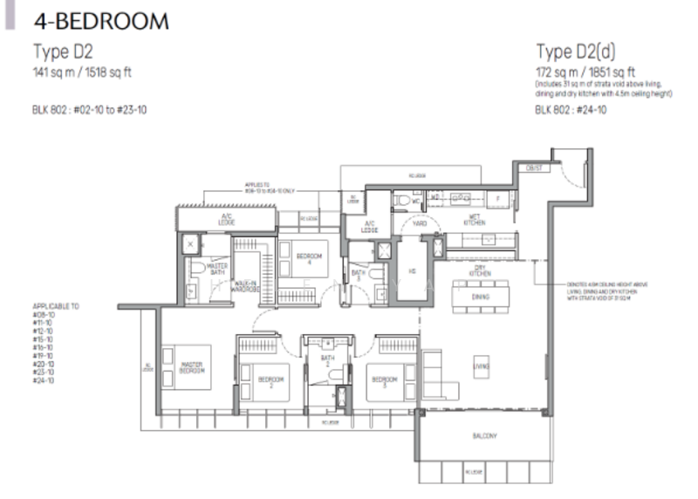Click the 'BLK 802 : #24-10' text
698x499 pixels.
571,110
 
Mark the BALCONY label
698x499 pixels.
487,435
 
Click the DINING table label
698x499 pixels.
479,298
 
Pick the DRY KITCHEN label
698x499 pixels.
478,271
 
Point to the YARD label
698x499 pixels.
420,222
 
